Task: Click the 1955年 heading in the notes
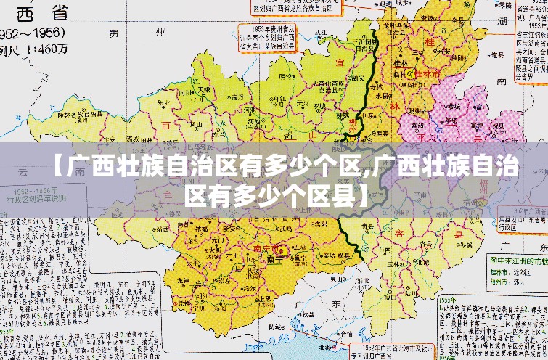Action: (x=448, y=298)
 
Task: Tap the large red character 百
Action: (x=165, y=125)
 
